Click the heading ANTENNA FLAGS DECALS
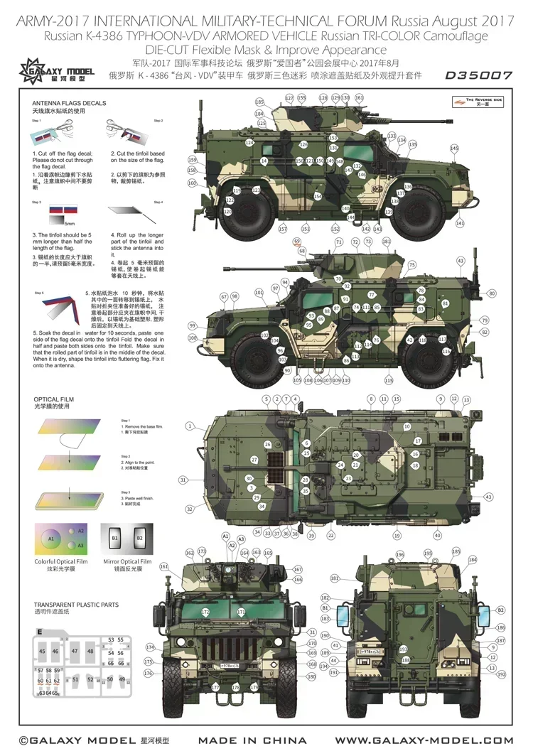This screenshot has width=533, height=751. (70, 103)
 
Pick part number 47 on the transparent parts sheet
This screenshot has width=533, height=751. (74, 651)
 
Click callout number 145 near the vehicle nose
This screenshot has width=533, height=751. (454, 148)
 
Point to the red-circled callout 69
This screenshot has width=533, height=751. (297, 241)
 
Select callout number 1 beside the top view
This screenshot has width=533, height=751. (190, 426)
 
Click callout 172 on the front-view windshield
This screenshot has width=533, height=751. (205, 612)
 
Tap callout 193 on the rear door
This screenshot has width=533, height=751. (404, 649)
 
